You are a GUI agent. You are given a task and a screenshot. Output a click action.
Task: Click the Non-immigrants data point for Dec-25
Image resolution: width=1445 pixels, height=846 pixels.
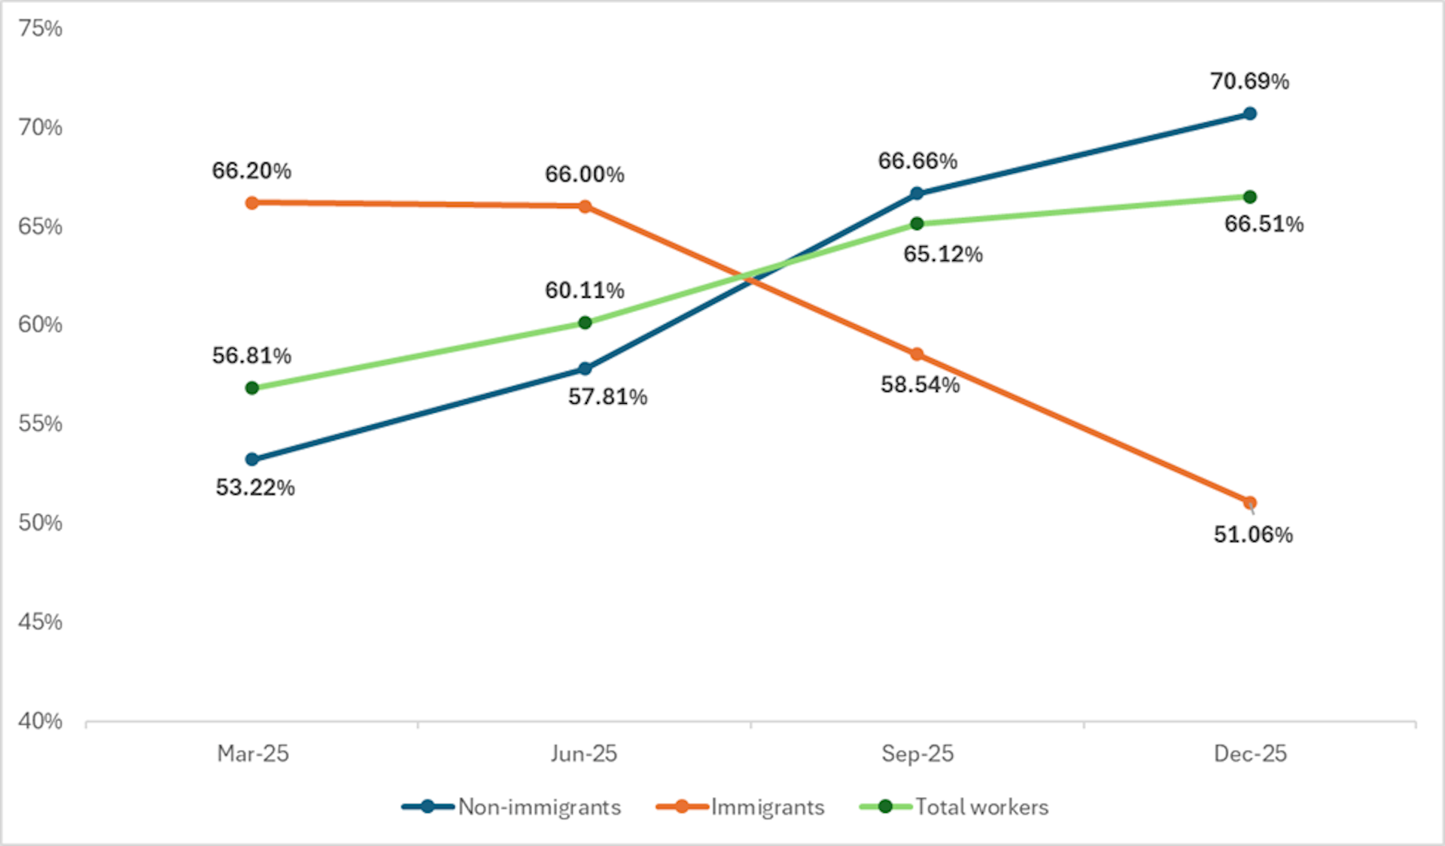1249,114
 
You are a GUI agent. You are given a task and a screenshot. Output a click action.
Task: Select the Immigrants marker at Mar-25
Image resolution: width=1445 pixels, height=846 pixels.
252,203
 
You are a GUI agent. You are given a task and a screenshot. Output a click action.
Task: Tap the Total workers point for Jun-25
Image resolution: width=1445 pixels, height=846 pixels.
585,323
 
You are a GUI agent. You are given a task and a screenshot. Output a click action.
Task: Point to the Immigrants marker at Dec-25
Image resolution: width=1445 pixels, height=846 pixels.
1249,502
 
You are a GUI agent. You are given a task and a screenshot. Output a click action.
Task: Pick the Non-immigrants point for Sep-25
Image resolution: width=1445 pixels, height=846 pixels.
917,193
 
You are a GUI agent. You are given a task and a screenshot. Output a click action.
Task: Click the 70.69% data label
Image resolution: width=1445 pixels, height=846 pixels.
1249,81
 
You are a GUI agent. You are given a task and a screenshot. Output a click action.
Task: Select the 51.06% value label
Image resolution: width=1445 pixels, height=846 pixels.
1253,535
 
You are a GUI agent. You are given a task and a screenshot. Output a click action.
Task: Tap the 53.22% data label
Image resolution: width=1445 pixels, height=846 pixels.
255,488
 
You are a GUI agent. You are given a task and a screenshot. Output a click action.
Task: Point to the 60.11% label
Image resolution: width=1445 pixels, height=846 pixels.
585,290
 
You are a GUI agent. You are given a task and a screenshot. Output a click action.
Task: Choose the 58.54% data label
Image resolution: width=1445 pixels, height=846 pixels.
920,385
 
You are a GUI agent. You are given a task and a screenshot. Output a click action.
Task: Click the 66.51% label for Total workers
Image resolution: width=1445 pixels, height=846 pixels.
1264,224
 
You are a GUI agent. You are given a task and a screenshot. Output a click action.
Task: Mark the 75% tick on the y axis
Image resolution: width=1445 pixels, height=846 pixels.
41,29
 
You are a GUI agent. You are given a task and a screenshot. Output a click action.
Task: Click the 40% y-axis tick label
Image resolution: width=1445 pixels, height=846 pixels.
41,721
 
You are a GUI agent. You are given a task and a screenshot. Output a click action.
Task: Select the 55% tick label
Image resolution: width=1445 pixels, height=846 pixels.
41,424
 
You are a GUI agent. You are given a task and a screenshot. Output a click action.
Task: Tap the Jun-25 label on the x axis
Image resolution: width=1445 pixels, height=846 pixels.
584,754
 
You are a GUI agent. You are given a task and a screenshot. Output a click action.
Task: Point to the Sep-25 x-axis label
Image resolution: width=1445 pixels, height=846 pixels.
917,754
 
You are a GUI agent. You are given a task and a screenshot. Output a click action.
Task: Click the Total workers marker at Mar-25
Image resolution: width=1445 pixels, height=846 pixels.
252,388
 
